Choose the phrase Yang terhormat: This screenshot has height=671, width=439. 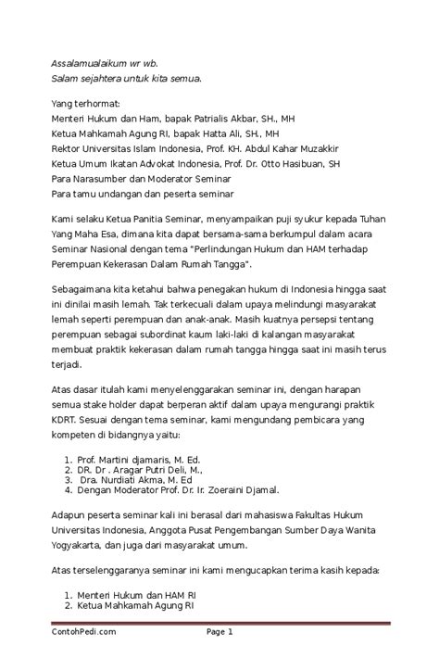pos(85,104)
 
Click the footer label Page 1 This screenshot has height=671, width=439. pos(219,631)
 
